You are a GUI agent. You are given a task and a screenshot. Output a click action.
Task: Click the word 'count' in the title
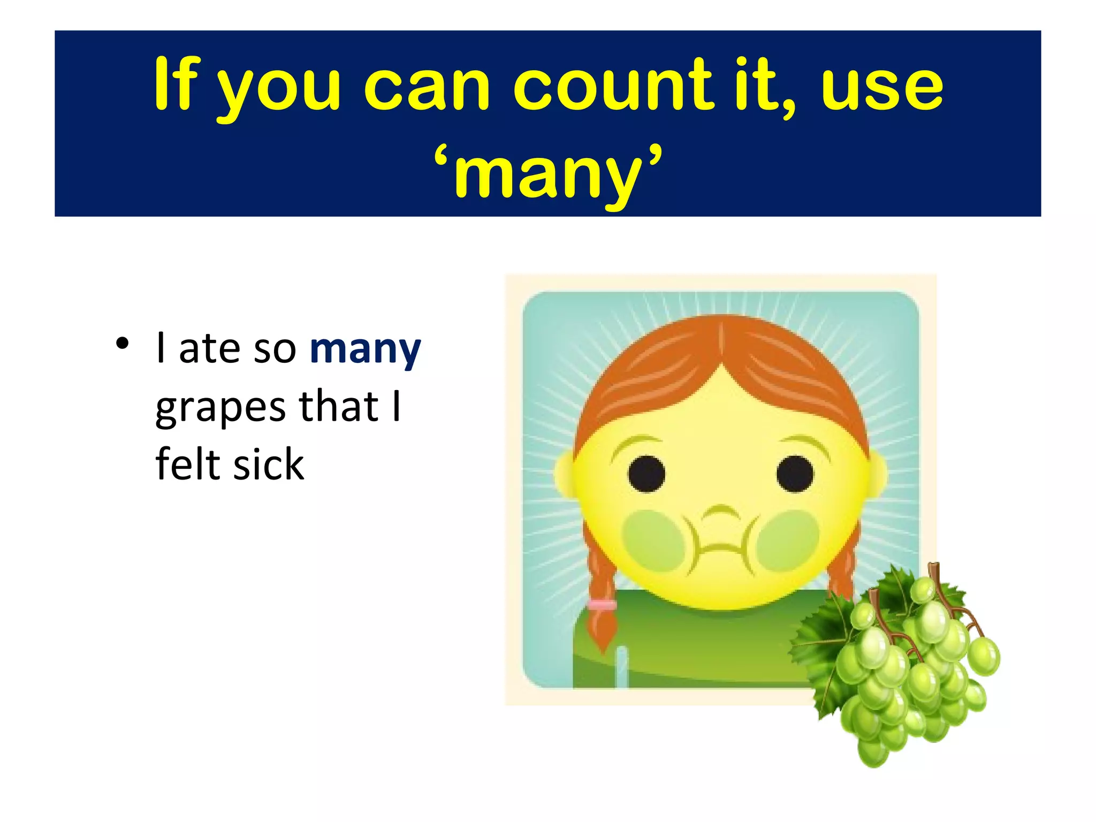[613, 86]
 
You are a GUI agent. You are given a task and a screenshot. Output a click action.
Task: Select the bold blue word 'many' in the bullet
[366, 349]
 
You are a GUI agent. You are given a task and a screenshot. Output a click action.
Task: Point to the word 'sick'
[269, 464]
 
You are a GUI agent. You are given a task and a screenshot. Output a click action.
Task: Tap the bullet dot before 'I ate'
[123, 344]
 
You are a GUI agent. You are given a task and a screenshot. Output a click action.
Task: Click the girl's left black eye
[646, 474]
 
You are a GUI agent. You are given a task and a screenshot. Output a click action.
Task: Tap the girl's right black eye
[795, 474]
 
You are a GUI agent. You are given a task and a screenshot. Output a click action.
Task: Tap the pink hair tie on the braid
[602, 605]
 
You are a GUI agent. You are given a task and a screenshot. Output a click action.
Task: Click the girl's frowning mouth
[720, 549]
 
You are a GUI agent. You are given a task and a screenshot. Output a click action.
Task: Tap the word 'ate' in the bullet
[209, 349]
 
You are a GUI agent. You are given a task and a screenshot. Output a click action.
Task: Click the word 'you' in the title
[278, 88]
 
